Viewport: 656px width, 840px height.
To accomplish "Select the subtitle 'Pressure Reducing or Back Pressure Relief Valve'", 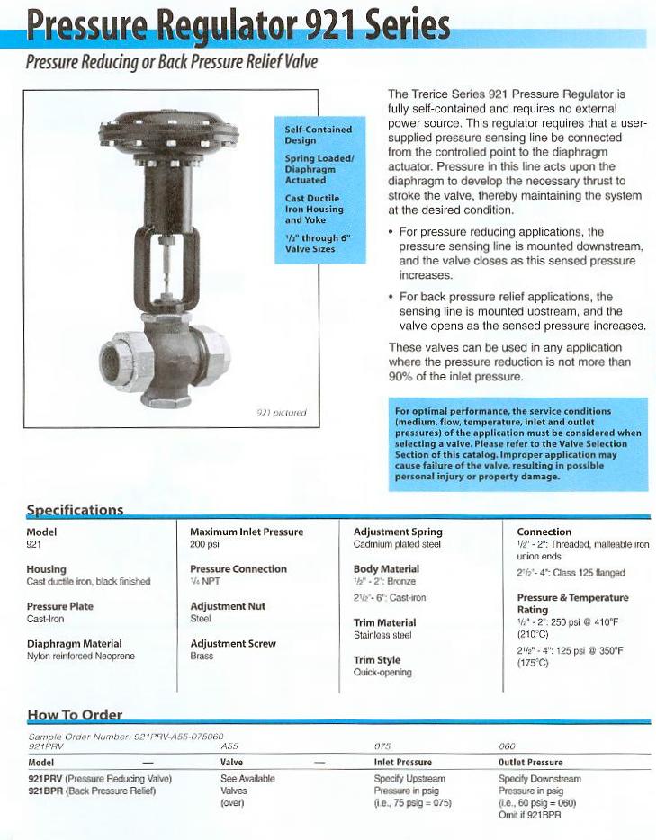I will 171,63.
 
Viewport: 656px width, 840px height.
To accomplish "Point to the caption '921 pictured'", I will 283,413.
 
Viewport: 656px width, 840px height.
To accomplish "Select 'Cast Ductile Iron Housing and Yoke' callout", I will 313,209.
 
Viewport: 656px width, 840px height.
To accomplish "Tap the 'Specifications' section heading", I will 75,510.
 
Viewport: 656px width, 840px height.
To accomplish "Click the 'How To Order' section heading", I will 74,715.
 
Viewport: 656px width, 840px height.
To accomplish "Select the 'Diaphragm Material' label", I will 75,644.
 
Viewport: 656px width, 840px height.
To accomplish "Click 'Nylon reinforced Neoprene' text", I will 81,657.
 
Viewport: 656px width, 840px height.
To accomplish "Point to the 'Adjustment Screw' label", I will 233,644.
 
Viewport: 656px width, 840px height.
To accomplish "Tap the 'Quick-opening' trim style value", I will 382,672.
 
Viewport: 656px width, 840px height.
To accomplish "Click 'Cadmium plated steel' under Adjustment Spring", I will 397,544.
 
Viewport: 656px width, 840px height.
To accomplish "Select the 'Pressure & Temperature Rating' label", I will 572,603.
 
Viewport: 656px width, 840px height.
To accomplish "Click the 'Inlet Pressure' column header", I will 402,763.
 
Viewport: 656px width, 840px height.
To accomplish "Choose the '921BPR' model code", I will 45,791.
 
